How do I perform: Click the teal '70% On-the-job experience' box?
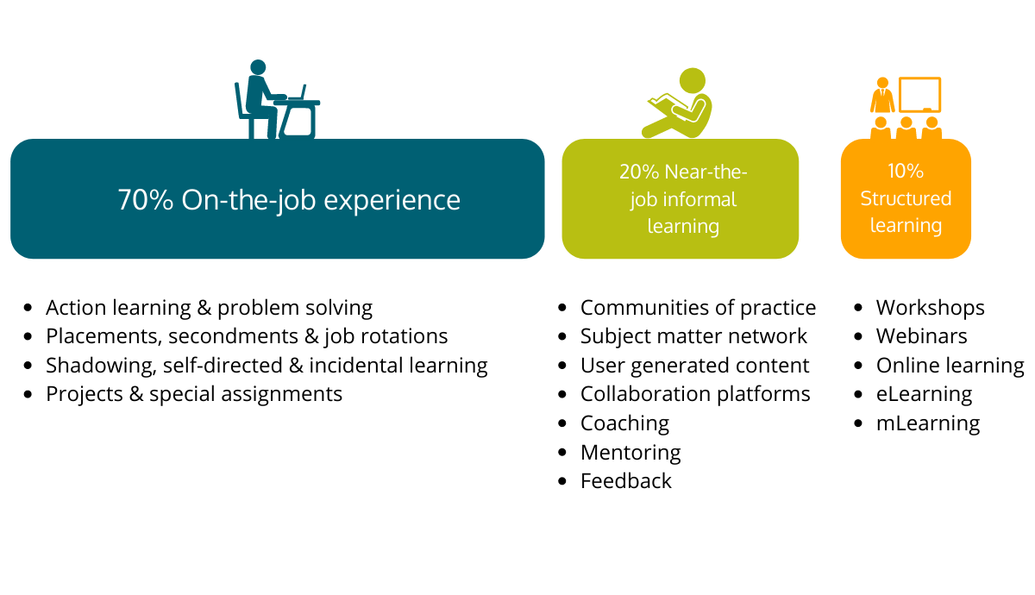[277, 199]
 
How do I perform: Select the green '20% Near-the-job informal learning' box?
[681, 199]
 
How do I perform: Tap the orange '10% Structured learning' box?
[906, 199]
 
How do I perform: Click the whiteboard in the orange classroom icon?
[919, 94]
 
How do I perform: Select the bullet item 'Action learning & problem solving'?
[209, 308]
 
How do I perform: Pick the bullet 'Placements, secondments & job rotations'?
[247, 336]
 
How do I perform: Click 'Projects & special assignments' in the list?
[194, 394]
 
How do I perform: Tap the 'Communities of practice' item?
[698, 308]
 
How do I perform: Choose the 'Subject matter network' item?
[693, 336]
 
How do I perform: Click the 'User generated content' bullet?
[694, 366]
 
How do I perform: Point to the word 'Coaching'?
[624, 423]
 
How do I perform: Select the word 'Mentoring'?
[630, 452]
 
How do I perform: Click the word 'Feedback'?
[625, 481]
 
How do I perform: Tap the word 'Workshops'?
[930, 308]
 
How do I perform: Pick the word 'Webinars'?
[921, 336]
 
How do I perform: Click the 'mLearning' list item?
[927, 423]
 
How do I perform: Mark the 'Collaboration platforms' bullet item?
[695, 394]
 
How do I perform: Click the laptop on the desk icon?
[297, 93]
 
